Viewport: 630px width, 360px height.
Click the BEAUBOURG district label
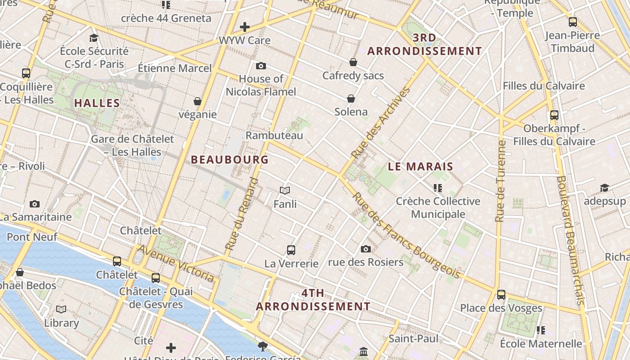coord(229,160)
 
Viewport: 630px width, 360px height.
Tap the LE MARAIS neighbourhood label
coord(420,166)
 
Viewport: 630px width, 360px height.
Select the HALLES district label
coord(97,103)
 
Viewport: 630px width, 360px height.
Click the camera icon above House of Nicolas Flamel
coord(261,66)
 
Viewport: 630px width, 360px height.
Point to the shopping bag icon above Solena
coord(351,99)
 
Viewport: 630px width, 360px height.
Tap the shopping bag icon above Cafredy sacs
coord(353,62)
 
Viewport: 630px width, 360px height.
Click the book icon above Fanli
coord(285,191)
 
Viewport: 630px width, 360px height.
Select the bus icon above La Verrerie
coord(291,250)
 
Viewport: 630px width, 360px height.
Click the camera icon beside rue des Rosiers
coord(366,249)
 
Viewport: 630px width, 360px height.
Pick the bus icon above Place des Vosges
coord(501,295)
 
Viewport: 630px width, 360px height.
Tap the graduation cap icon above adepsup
coord(604,188)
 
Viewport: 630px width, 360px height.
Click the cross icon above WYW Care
coord(245,27)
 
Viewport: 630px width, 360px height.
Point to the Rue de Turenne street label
coord(500,181)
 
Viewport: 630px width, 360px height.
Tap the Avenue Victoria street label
coord(176,263)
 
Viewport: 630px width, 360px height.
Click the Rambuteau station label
coord(274,135)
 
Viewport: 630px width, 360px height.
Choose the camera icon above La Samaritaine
coord(35,204)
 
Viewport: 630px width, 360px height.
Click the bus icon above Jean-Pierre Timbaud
coord(573,22)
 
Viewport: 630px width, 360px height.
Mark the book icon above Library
coord(61,310)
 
